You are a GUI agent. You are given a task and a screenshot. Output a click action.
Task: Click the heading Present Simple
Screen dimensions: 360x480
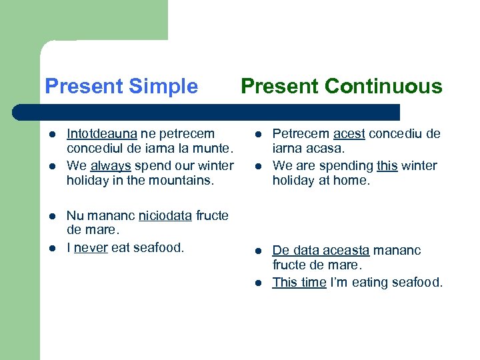(121, 87)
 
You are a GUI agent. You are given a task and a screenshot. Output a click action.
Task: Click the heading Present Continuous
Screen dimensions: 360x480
(341, 87)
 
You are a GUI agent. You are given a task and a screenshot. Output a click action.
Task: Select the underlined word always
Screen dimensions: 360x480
(110, 165)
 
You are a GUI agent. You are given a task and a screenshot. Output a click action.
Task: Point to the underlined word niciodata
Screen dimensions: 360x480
(165, 215)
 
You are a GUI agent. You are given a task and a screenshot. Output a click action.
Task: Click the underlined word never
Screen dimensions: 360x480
(91, 247)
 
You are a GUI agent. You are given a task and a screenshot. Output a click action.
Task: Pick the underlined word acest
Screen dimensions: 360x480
(349, 134)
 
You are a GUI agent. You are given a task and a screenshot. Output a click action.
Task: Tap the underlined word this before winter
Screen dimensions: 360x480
(387, 165)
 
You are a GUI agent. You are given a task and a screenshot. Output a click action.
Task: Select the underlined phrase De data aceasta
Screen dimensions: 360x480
(321, 251)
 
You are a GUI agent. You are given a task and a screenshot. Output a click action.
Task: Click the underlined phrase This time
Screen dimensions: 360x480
(299, 282)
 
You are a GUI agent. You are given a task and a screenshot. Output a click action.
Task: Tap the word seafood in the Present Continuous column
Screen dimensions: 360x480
(415, 282)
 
